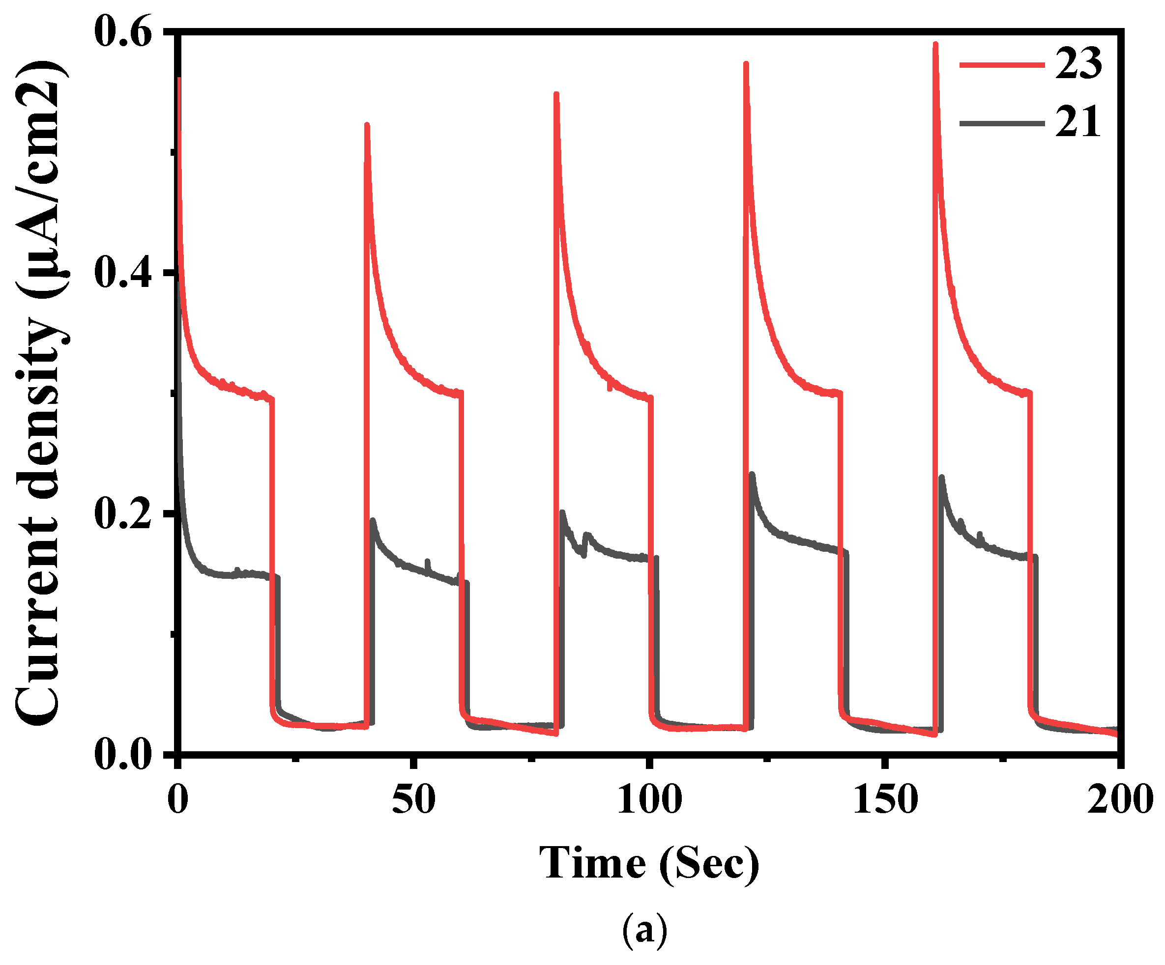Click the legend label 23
(x=1078, y=64)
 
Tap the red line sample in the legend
(x=1002, y=65)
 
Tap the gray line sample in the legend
(x=1002, y=123)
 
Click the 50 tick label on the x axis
(x=413, y=800)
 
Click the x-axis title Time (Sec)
(x=649, y=863)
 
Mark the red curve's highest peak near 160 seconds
(x=936, y=44)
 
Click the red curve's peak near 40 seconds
(x=367, y=125)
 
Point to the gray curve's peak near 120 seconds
(x=752, y=474)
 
